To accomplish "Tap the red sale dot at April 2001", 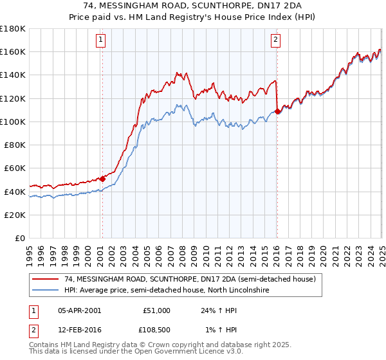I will point(102,179).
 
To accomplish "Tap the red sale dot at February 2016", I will point(277,111).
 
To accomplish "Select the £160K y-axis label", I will point(13,51).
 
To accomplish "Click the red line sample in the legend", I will point(45,280).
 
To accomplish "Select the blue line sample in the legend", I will point(45,291).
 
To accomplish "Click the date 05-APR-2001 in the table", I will point(79,310).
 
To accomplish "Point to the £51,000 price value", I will point(156,310).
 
